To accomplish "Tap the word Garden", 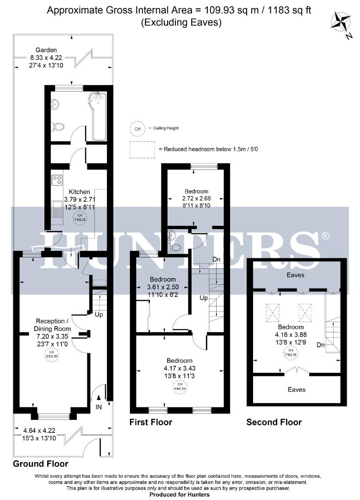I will (x=47, y=50).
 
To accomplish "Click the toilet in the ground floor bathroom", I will (x=57, y=126).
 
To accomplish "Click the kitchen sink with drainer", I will (x=57, y=209).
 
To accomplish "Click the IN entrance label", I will (x=99, y=407).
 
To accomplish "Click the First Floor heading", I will (x=151, y=422).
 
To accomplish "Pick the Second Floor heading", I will (x=274, y=422).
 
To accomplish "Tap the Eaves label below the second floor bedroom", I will (x=296, y=390).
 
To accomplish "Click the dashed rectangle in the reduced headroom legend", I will (x=143, y=150).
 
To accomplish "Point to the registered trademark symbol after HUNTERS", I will (x=325, y=237).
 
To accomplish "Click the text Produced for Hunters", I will (x=180, y=494).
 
